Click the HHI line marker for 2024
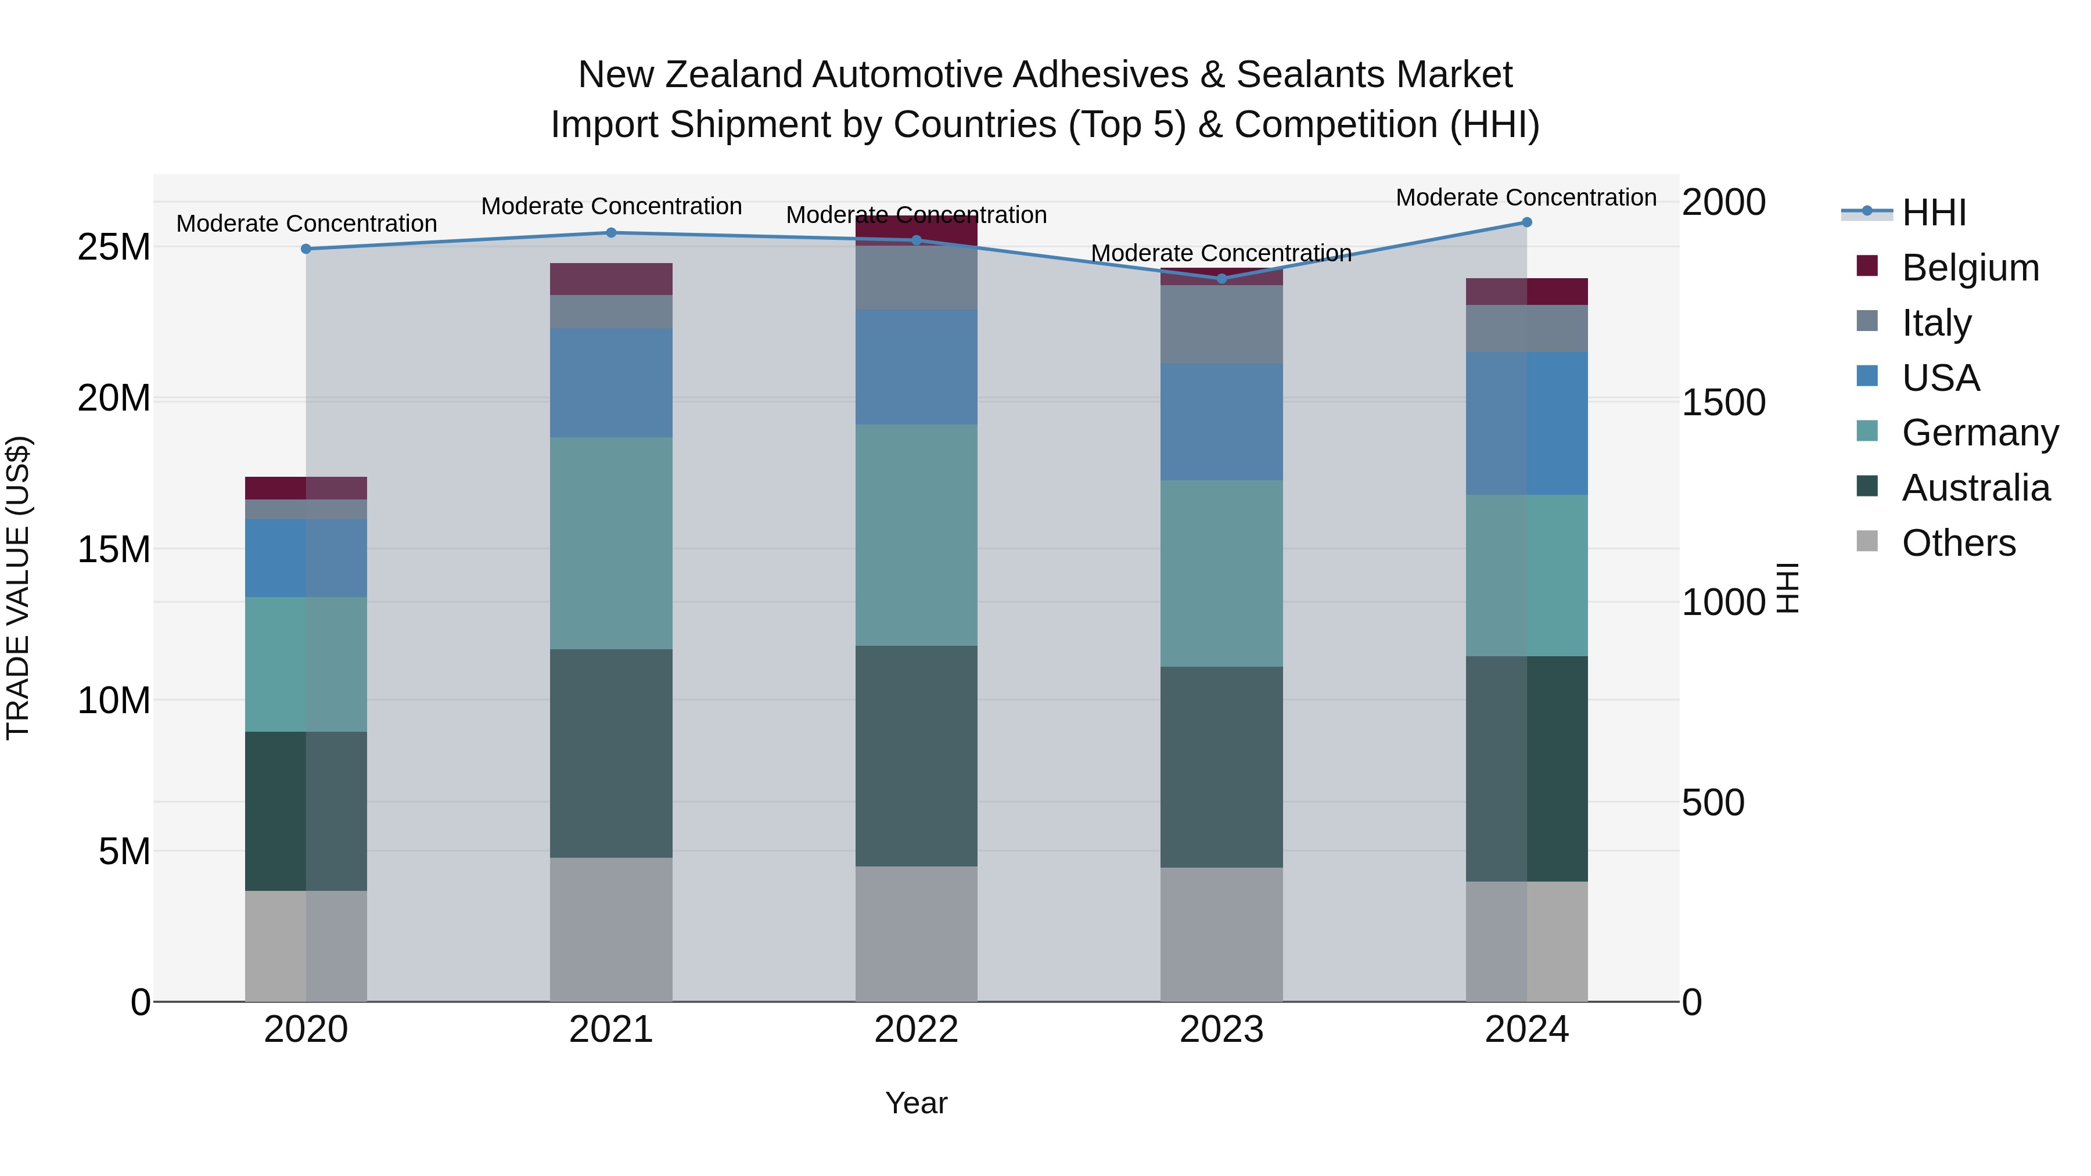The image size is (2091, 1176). (x=1526, y=222)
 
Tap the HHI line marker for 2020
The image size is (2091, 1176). (x=306, y=249)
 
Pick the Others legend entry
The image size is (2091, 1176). (x=1958, y=543)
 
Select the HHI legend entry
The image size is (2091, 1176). (x=1934, y=213)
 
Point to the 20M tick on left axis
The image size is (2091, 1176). (x=114, y=398)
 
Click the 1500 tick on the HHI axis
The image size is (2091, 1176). (x=1723, y=402)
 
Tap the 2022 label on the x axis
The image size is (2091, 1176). (x=917, y=1030)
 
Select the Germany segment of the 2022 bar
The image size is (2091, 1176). (x=917, y=535)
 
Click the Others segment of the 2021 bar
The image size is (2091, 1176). (x=611, y=929)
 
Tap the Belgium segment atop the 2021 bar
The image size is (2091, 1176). (x=611, y=279)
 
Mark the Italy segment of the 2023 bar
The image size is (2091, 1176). (x=1221, y=324)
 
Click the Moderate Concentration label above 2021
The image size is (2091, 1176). (x=611, y=206)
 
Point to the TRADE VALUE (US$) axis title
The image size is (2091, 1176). (x=18, y=588)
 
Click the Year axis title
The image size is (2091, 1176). (x=917, y=1103)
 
